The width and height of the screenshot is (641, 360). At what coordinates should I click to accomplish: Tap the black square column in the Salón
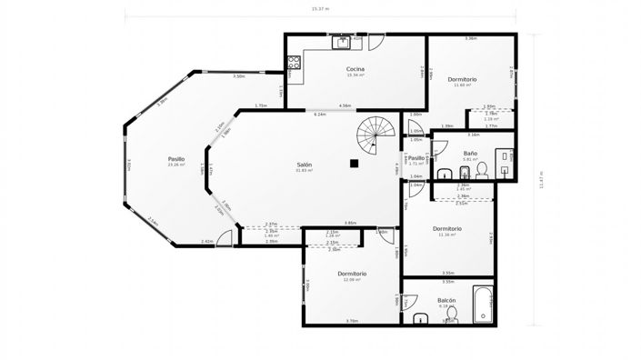point(355,163)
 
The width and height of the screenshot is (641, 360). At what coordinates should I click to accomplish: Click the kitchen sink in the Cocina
point(344,41)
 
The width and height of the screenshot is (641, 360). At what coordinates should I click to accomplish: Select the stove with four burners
point(294,63)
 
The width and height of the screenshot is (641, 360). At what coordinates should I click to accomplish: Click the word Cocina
point(356,69)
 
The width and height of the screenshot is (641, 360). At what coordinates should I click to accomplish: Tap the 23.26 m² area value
point(175,165)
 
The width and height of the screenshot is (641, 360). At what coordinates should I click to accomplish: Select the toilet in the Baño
point(482,169)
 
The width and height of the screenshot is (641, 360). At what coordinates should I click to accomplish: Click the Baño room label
point(469,154)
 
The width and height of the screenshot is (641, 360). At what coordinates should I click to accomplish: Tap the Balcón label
point(446,300)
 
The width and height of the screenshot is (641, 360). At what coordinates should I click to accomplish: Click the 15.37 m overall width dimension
point(320,10)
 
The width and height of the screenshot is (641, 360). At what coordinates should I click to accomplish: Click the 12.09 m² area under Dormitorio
point(352,280)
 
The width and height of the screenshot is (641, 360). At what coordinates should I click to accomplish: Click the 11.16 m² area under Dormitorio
point(446,235)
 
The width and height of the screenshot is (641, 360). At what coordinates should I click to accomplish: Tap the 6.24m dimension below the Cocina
point(320,115)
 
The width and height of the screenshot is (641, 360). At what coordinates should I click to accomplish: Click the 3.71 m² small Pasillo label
point(416,164)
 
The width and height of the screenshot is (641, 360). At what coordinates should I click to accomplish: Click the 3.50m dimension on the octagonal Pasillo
point(239,76)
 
